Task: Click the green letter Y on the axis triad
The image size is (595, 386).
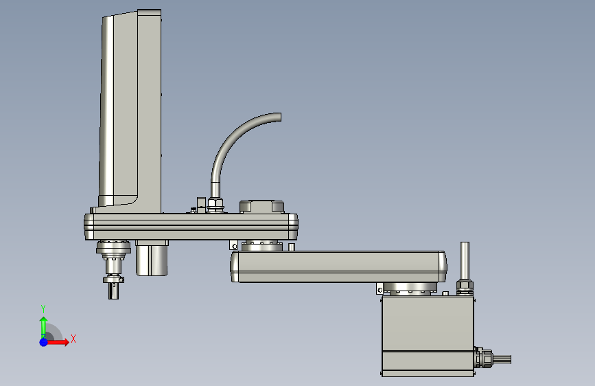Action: [43, 309]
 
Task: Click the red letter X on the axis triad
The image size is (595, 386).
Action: [73, 339]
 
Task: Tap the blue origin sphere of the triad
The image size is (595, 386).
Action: [44, 342]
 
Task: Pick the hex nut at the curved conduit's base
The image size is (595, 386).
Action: [215, 204]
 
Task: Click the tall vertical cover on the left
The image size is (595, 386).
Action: [130, 110]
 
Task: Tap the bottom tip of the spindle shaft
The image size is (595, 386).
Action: [113, 299]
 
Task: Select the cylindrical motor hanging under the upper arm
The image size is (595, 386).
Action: [152, 258]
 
